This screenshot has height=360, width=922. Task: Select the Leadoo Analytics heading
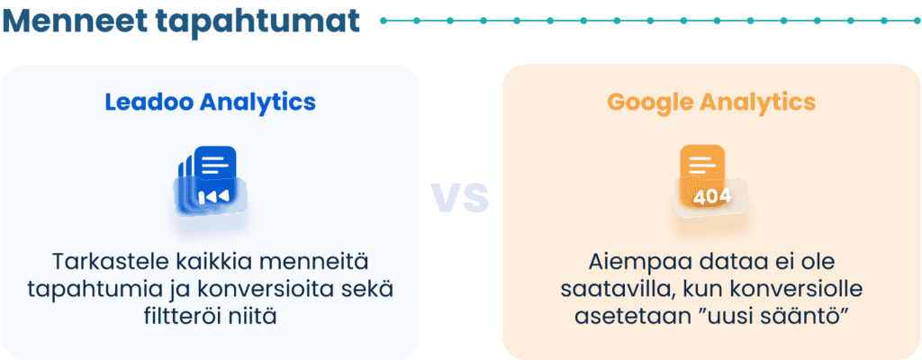[211, 103]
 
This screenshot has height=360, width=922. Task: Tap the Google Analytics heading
[711, 103]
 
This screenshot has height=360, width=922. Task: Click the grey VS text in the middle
[460, 195]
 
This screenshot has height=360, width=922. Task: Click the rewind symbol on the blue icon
[213, 196]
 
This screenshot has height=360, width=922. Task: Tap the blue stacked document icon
[210, 180]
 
